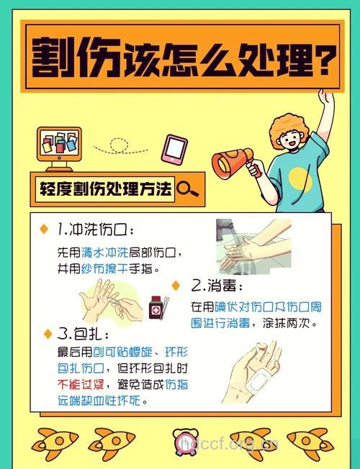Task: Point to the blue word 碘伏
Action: click(x=227, y=307)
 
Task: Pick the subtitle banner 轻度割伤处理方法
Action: click(x=106, y=190)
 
